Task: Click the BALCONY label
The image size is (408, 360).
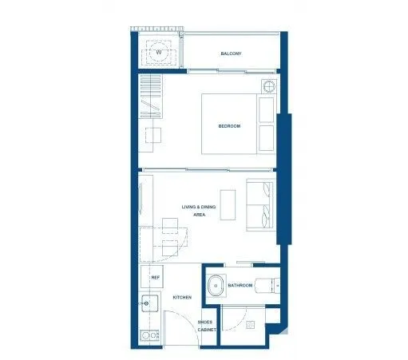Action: click(231, 53)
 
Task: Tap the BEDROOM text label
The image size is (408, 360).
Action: click(229, 126)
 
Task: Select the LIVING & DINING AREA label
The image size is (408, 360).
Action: click(199, 211)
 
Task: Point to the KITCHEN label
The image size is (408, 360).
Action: click(182, 297)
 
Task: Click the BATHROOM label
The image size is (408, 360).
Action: click(240, 286)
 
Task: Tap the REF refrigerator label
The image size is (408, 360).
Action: click(156, 277)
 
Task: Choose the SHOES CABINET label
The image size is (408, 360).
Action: click(207, 326)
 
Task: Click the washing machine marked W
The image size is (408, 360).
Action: click(159, 52)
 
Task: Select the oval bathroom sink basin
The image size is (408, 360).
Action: click(216, 286)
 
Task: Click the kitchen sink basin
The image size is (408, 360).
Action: click(150, 303)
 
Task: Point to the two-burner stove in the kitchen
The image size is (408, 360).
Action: click(150, 335)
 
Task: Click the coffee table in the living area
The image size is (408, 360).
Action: click(228, 205)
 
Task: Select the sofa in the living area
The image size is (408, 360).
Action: click(260, 205)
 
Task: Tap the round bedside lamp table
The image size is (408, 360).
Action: click(269, 86)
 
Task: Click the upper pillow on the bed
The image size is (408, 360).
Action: click(266, 110)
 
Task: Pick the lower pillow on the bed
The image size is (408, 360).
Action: click(266, 138)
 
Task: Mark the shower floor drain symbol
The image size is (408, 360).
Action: click(251, 325)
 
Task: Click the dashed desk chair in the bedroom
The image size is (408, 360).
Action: click(153, 135)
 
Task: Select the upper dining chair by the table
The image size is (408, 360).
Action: click(170, 226)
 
